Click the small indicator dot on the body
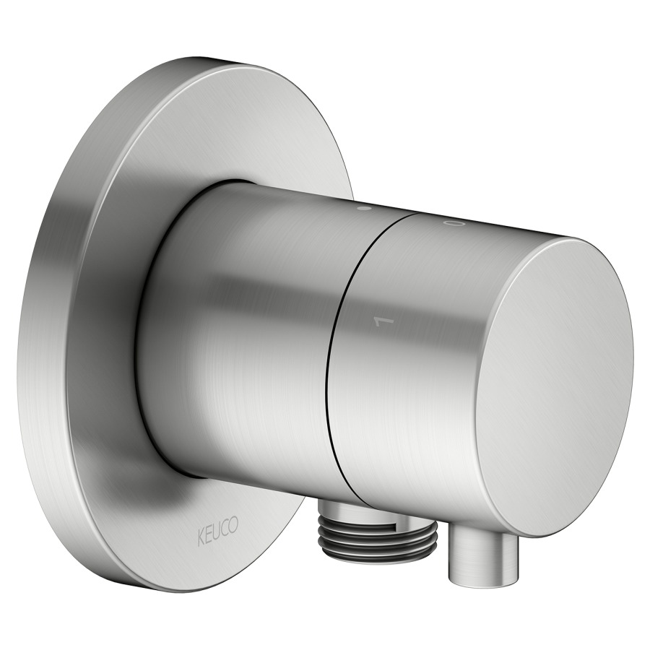click(364, 209)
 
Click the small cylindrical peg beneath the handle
click(482, 555)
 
